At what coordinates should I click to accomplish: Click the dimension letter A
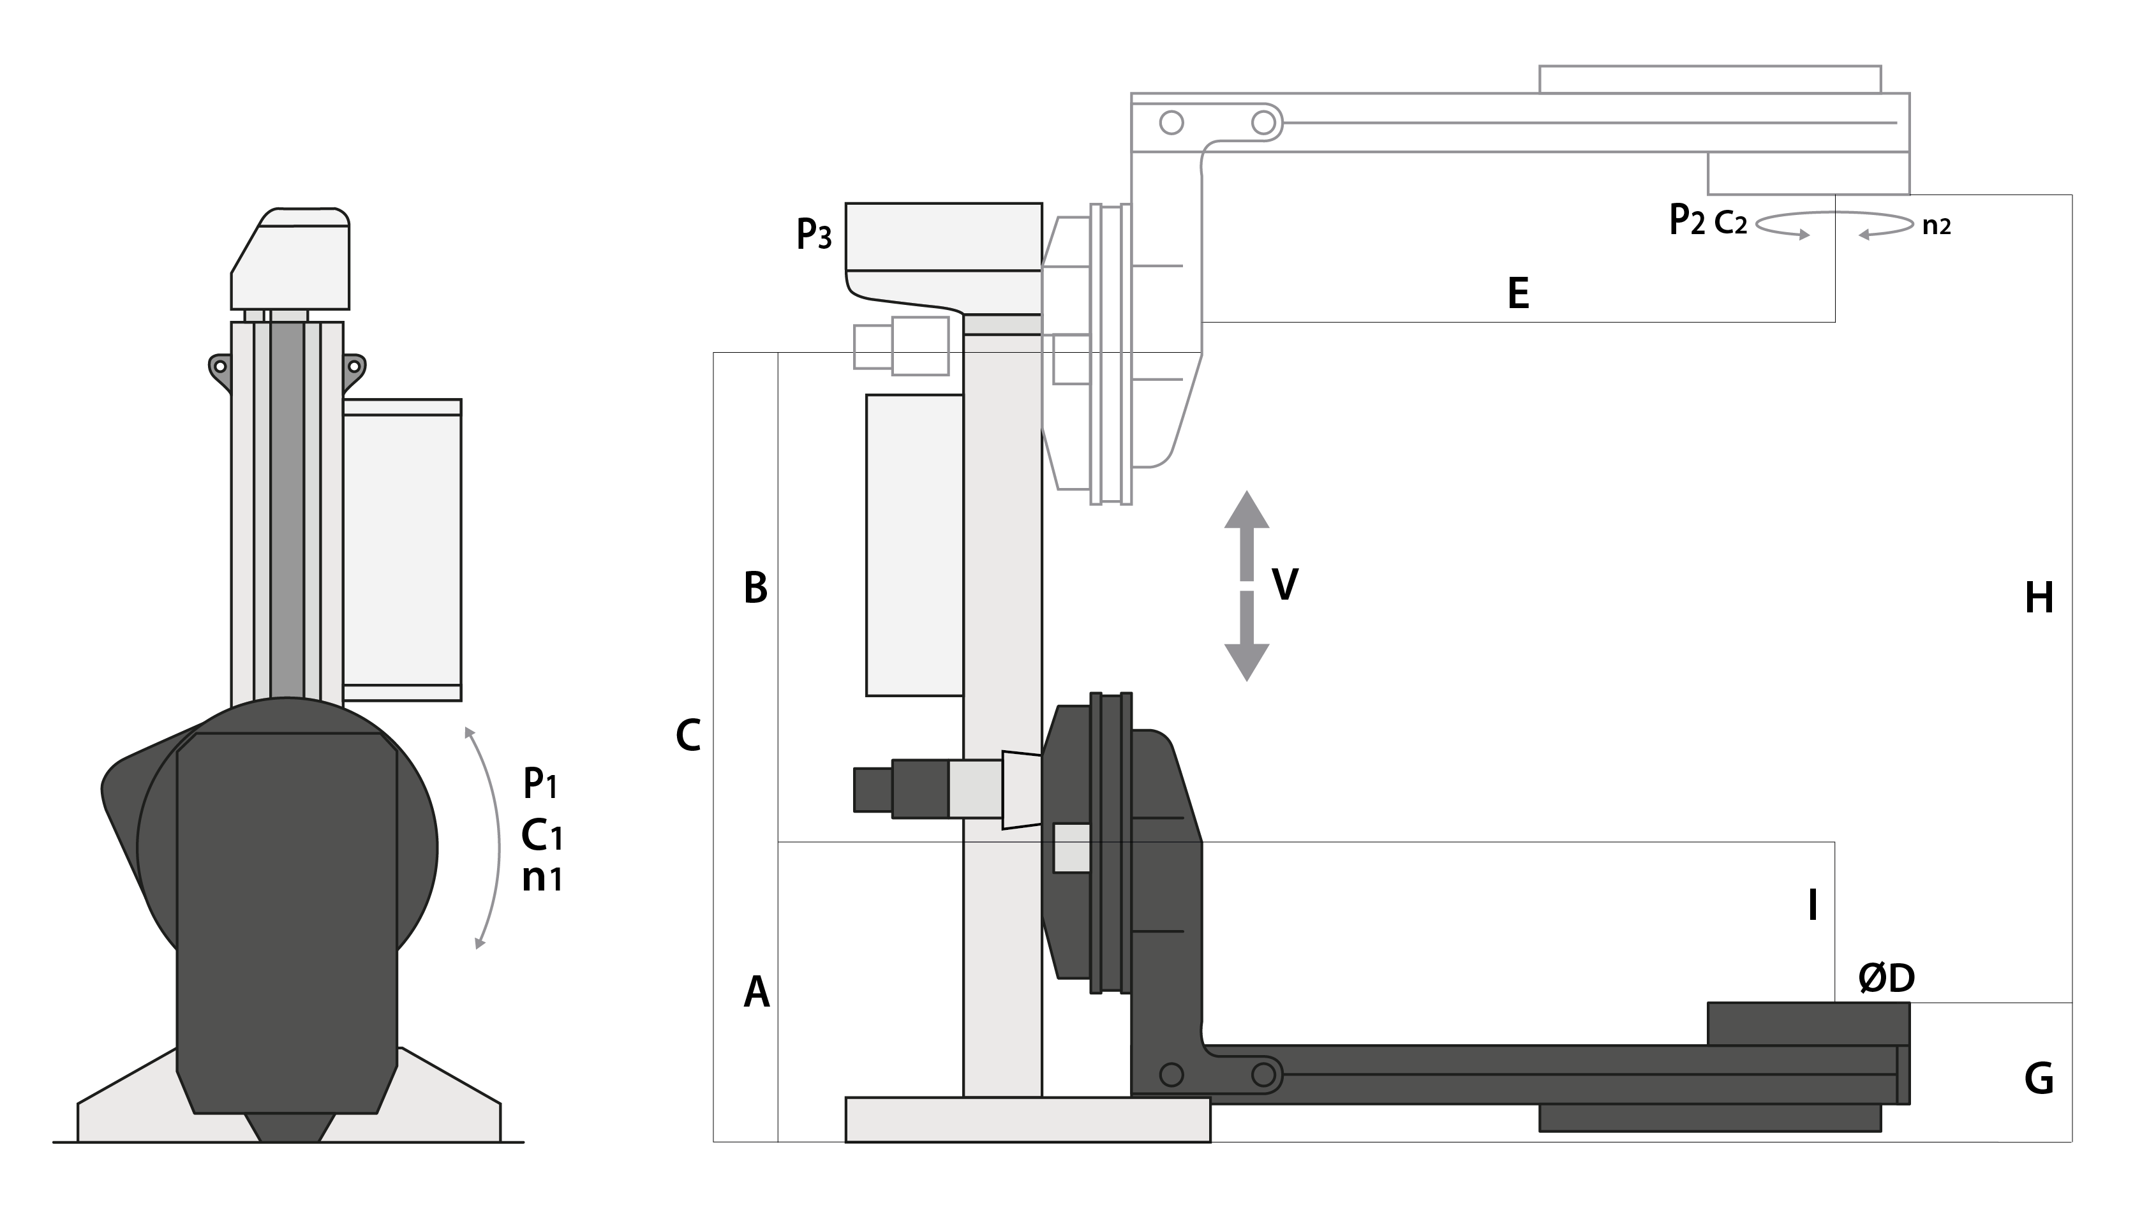coord(756,992)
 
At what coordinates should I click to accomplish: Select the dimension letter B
coord(755,588)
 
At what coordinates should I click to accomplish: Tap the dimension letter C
coord(687,735)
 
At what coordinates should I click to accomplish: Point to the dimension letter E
coord(1519,293)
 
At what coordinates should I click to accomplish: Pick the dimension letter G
coord(2039,1079)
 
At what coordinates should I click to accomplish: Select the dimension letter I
coord(1812,905)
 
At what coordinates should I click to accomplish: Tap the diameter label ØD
coord(1886,978)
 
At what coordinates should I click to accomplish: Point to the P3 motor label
coord(814,233)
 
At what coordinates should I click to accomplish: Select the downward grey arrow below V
coord(1246,637)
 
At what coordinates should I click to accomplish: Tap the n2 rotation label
coord(1937,226)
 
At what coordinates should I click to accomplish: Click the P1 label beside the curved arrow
coord(540,783)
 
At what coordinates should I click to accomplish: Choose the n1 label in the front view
coord(542,878)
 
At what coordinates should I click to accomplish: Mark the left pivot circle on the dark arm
coord(1171,1074)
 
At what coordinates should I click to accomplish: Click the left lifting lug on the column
coord(219,371)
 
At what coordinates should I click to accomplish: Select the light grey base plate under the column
coord(1028,1120)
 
